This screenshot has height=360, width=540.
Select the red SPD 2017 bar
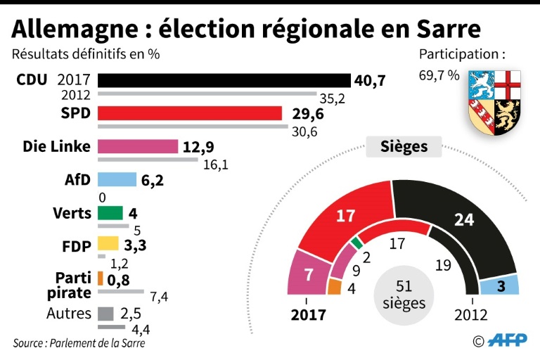pos(189,113)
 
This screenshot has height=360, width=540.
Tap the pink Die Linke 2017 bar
pos(137,146)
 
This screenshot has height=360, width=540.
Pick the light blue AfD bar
pos(117,180)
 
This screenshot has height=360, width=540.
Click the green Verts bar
pos(110,212)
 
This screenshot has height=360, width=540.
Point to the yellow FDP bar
pos(108,245)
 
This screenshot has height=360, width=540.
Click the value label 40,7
pos(370,81)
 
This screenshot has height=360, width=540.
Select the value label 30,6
pos(304,131)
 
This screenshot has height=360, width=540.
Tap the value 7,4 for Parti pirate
pos(158,295)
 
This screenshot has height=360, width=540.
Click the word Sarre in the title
pos(447,29)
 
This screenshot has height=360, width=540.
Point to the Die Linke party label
pos(57,146)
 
